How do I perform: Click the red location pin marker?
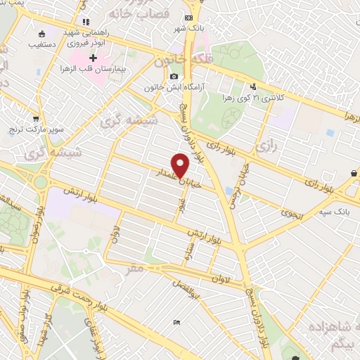click(181, 165)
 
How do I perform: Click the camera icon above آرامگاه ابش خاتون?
click(174, 77)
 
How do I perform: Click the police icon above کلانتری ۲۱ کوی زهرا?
click(253, 86)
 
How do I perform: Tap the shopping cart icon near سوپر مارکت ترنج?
click(35, 119)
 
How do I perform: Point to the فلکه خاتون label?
click(175, 63)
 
